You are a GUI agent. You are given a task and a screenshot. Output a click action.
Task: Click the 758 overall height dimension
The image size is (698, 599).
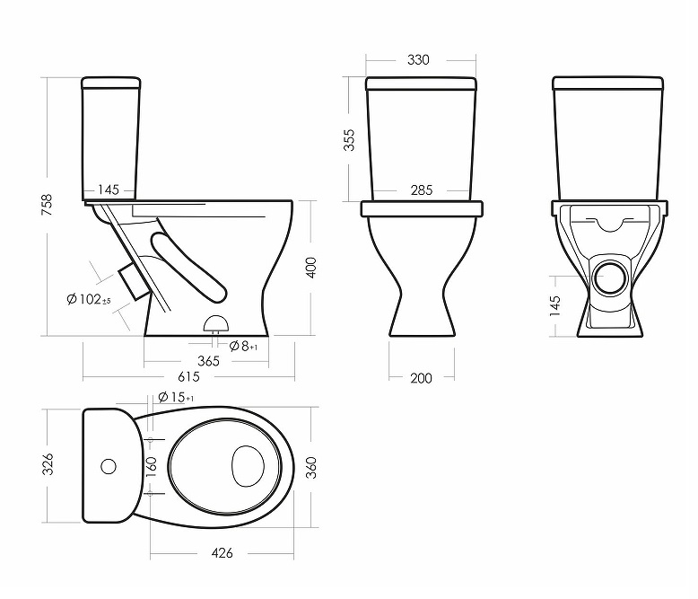(x=47, y=205)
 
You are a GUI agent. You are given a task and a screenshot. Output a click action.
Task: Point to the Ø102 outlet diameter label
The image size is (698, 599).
(x=89, y=299)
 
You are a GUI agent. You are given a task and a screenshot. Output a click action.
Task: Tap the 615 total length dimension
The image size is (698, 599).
(x=188, y=377)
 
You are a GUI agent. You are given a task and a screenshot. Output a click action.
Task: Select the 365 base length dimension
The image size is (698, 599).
(x=208, y=361)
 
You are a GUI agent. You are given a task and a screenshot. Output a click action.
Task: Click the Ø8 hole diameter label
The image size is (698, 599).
(x=243, y=346)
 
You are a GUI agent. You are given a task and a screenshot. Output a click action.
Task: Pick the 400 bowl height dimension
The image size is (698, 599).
(x=311, y=268)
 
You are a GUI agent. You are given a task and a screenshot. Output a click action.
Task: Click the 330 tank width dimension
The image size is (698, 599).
(x=418, y=60)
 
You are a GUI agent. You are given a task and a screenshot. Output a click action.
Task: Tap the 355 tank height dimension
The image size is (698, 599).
(x=349, y=140)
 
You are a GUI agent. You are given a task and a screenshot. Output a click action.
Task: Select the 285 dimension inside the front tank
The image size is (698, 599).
(x=422, y=190)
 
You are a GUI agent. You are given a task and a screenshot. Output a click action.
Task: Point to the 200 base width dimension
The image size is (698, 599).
(x=421, y=378)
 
